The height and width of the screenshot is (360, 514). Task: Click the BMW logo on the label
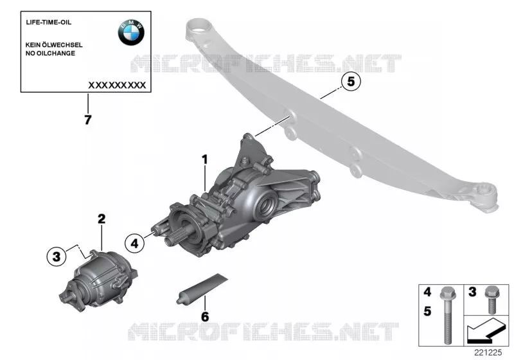click(x=131, y=32)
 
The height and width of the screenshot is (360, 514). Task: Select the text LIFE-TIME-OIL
click(x=48, y=22)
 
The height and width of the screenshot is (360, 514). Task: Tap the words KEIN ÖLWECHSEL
click(x=54, y=45)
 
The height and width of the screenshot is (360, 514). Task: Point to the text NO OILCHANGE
click(x=50, y=53)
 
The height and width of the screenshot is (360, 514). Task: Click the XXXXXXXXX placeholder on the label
click(x=117, y=85)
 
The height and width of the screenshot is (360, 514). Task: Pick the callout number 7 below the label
click(x=88, y=120)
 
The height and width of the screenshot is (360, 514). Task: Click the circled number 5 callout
click(x=351, y=81)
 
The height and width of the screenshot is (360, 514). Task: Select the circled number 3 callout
click(x=57, y=256)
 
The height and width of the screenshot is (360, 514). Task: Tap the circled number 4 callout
click(x=134, y=243)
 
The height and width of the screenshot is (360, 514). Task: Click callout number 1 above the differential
click(x=205, y=159)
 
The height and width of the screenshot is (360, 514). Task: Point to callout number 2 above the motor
click(x=102, y=219)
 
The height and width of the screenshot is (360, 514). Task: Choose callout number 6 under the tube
click(x=204, y=317)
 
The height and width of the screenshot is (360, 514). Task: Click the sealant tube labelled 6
click(x=202, y=289)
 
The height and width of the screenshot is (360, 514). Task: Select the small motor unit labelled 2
click(x=98, y=280)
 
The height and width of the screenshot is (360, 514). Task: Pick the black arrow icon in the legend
click(x=486, y=332)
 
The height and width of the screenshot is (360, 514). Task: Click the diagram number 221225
click(x=488, y=352)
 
